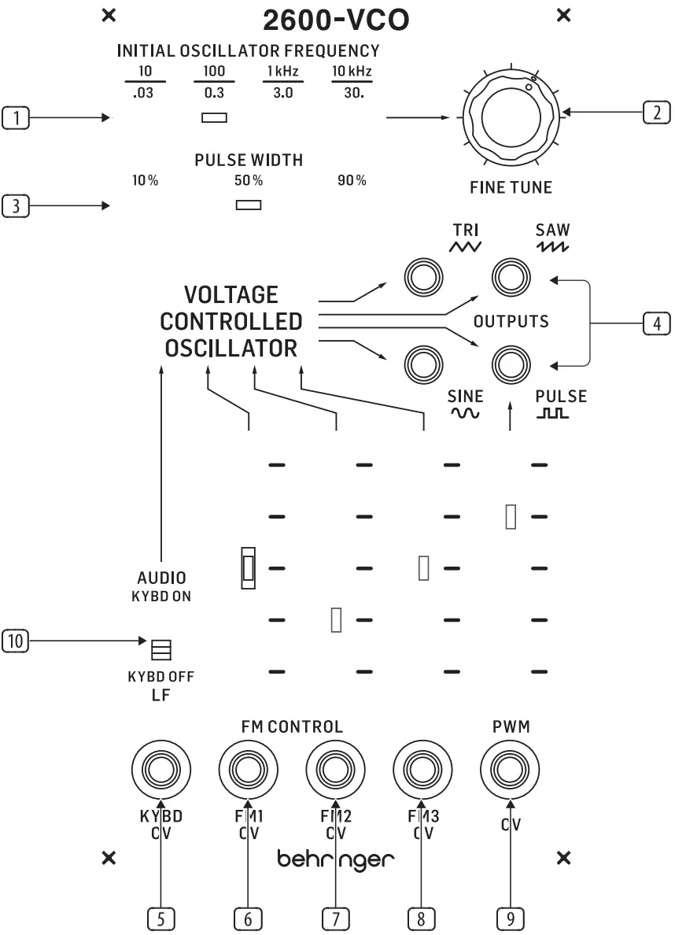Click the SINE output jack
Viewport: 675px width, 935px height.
pyautogui.click(x=422, y=364)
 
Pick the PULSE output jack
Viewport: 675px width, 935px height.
pyautogui.click(x=511, y=364)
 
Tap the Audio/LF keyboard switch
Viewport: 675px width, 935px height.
pyautogui.click(x=160, y=649)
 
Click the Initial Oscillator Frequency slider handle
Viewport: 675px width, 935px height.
pyautogui.click(x=214, y=118)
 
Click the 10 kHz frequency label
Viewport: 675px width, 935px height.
pyautogui.click(x=352, y=72)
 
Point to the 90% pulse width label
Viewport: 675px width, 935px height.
pyautogui.click(x=352, y=180)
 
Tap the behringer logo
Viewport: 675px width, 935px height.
pyautogui.click(x=336, y=859)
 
